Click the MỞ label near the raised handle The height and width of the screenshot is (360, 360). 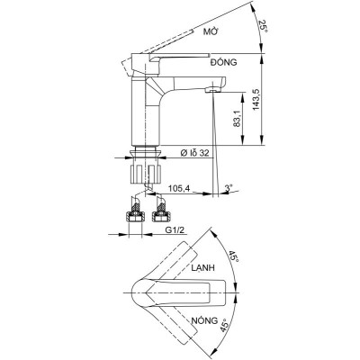click(212, 31)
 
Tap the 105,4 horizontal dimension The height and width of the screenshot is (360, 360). click(179, 189)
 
